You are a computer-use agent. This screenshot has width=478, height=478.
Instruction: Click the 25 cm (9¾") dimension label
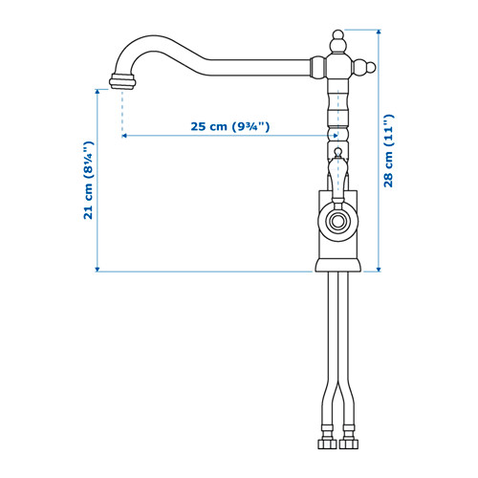[230, 126]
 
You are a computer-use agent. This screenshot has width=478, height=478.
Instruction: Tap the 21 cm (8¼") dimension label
[88, 180]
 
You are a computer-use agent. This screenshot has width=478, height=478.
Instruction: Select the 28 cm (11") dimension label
[388, 150]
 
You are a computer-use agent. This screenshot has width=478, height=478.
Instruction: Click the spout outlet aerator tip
[122, 81]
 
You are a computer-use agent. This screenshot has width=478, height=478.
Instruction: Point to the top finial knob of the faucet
[338, 41]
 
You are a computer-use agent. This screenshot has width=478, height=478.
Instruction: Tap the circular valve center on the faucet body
[337, 221]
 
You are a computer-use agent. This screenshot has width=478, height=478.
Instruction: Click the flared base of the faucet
[338, 266]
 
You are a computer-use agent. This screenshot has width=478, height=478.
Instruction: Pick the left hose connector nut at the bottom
[327, 444]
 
